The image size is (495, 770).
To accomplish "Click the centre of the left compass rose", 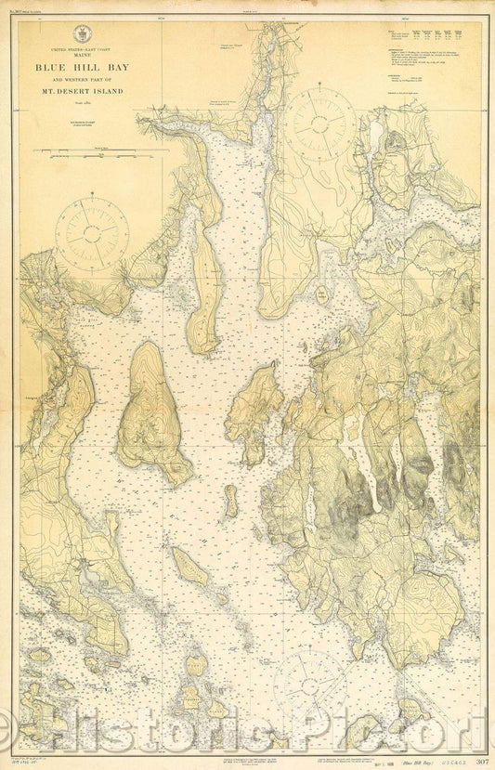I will click(x=91, y=234).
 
